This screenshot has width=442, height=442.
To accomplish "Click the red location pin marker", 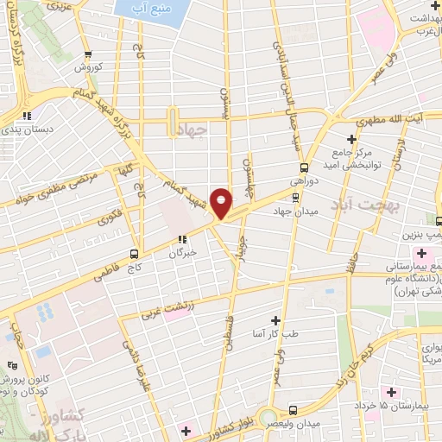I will coord(221,203).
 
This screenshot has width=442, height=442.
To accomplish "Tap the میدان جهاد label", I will coord(296,211).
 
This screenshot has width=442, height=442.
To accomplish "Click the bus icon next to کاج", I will coord(134,254).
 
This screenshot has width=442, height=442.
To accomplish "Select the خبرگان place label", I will coord(182,254).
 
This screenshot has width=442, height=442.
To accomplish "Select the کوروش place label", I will coord(88,66).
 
